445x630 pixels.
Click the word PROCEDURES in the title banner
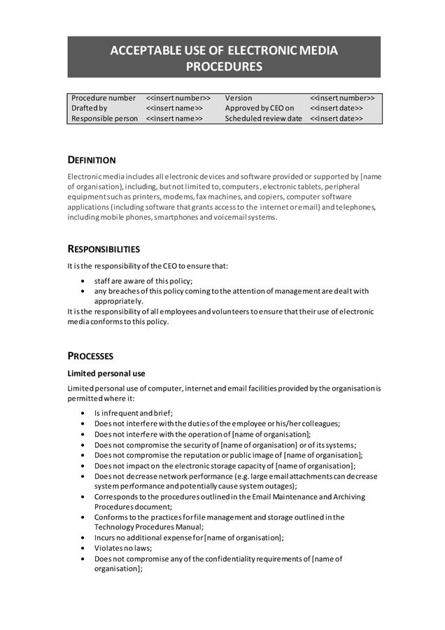point(224,66)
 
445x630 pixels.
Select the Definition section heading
point(92,160)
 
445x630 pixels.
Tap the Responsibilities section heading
point(104,248)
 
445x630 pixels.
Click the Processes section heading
point(90,356)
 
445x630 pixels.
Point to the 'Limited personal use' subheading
point(106,373)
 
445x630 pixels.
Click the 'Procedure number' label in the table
point(104,98)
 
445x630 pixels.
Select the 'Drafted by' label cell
point(90,108)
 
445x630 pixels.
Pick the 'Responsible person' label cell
point(105,119)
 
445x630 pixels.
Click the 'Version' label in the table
point(239,98)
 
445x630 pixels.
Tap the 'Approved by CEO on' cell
point(260,108)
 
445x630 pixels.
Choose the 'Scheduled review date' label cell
point(264,119)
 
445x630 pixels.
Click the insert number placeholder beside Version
point(342,98)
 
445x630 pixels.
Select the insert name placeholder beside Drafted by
point(174,108)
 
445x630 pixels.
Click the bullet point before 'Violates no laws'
point(84,549)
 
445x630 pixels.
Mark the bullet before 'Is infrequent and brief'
point(84,413)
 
